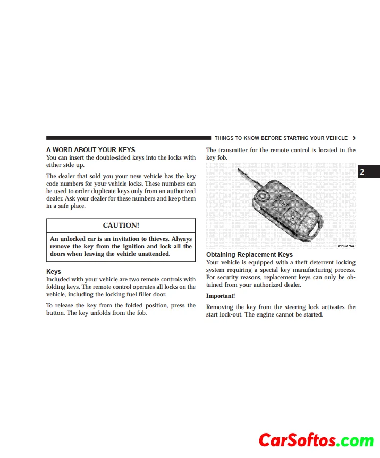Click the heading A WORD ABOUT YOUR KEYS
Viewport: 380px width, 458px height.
point(91,150)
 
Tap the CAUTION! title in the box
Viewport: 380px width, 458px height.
point(121,226)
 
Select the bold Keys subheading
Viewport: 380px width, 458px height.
point(54,272)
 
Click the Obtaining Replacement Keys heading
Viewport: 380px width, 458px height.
point(249,255)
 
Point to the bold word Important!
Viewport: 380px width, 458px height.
point(221,296)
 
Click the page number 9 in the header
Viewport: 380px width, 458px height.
point(354,138)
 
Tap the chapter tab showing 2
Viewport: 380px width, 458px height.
point(362,172)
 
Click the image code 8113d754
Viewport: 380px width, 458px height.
point(345,246)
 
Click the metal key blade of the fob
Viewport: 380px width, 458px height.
point(250,181)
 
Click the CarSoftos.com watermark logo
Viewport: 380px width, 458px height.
point(316,440)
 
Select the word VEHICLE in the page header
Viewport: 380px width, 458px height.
point(335,138)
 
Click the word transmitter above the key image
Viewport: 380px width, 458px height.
point(234,151)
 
